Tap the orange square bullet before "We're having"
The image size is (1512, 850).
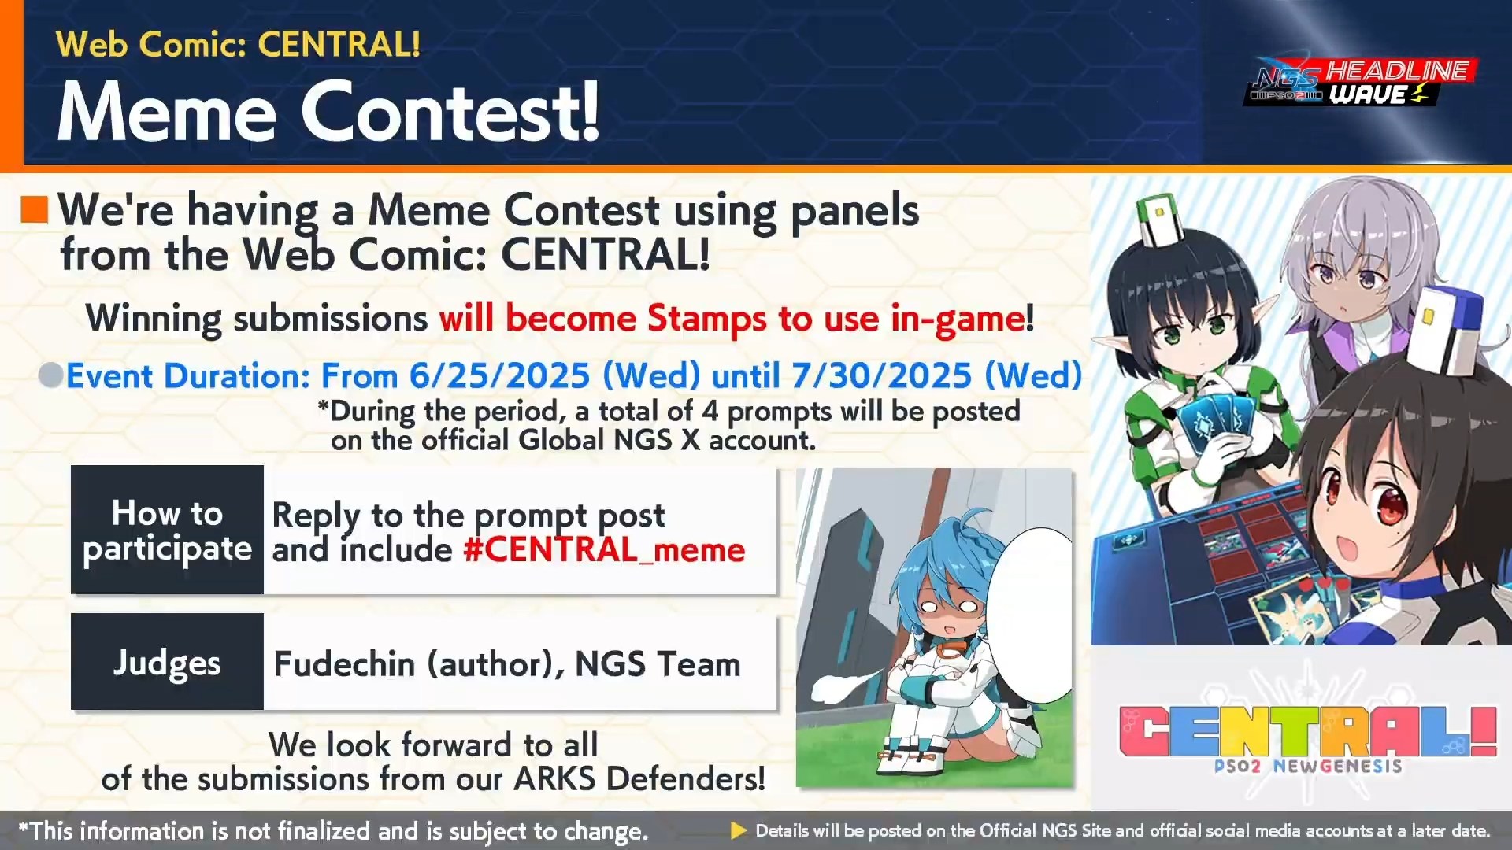click(35, 209)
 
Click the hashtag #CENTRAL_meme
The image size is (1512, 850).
click(604, 549)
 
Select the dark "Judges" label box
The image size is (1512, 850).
click(167, 662)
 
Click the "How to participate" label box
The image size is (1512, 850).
click(167, 530)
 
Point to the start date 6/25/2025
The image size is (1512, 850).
click(499, 375)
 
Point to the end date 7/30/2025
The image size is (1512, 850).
click(881, 375)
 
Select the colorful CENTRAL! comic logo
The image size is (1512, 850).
click(1307, 732)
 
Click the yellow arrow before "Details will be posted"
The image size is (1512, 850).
click(738, 830)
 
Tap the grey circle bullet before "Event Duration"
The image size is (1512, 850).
click(51, 375)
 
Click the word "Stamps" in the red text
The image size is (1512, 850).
click(706, 319)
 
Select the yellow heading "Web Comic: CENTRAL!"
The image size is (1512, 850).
click(238, 44)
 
